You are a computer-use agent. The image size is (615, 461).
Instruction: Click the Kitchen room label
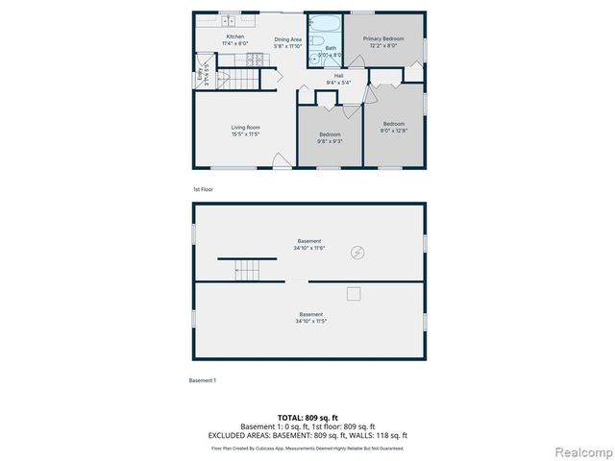[234, 39]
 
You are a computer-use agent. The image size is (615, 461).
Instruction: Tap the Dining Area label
[287, 42]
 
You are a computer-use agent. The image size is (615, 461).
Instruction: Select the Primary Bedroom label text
[382, 42]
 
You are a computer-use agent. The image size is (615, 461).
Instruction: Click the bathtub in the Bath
[327, 24]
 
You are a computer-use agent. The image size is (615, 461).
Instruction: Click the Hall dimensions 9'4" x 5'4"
[339, 83]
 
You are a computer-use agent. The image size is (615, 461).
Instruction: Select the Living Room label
[245, 131]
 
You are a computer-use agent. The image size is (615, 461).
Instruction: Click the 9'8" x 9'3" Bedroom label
[330, 138]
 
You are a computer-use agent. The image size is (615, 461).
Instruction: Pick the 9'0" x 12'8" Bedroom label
[394, 127]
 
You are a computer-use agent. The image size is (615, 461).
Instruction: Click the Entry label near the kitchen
[201, 74]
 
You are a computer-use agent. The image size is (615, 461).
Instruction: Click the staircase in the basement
[249, 270]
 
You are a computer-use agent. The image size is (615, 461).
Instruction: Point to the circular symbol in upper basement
[357, 254]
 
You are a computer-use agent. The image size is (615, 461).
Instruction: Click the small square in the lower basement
[354, 293]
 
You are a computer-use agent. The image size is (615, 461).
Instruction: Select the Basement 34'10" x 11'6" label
[308, 244]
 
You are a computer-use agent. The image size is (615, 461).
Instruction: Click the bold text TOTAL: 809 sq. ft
[307, 418]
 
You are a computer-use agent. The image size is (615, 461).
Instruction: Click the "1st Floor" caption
[203, 189]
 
